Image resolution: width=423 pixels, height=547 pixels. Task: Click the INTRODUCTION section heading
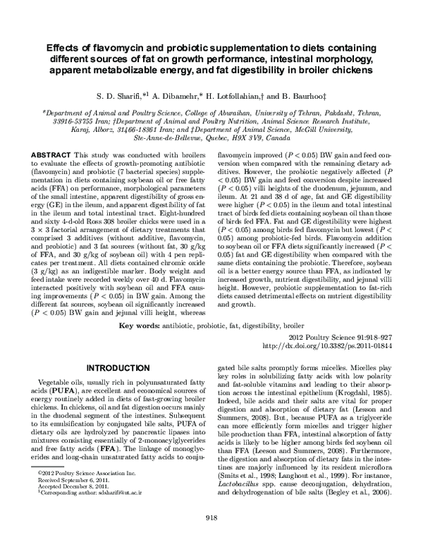[113, 368]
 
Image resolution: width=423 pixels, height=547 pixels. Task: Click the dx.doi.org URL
[328, 347]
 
